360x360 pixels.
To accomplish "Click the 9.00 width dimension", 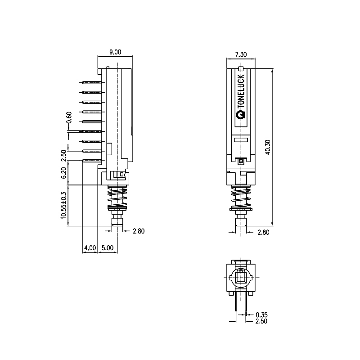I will point(115,52).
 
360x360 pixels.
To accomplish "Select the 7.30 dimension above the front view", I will point(241,54).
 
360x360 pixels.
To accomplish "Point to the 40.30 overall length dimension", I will point(268,147).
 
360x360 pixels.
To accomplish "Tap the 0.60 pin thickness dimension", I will point(69,118).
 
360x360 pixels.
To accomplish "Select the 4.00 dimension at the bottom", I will point(90,247).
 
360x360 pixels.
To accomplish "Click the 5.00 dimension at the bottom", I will point(107,247).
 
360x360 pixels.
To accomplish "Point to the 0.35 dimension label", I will point(261,315).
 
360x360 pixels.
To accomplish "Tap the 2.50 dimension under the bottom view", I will point(261,321).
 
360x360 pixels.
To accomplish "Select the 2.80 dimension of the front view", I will point(263,232).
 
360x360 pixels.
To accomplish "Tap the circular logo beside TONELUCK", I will point(241,115).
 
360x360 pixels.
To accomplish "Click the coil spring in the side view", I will point(117,195).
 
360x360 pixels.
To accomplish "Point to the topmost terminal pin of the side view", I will point(92,83).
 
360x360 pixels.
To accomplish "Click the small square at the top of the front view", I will point(241,69).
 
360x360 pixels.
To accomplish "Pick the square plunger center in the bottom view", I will point(241,278).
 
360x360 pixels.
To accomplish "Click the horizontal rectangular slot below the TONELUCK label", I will point(241,140).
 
